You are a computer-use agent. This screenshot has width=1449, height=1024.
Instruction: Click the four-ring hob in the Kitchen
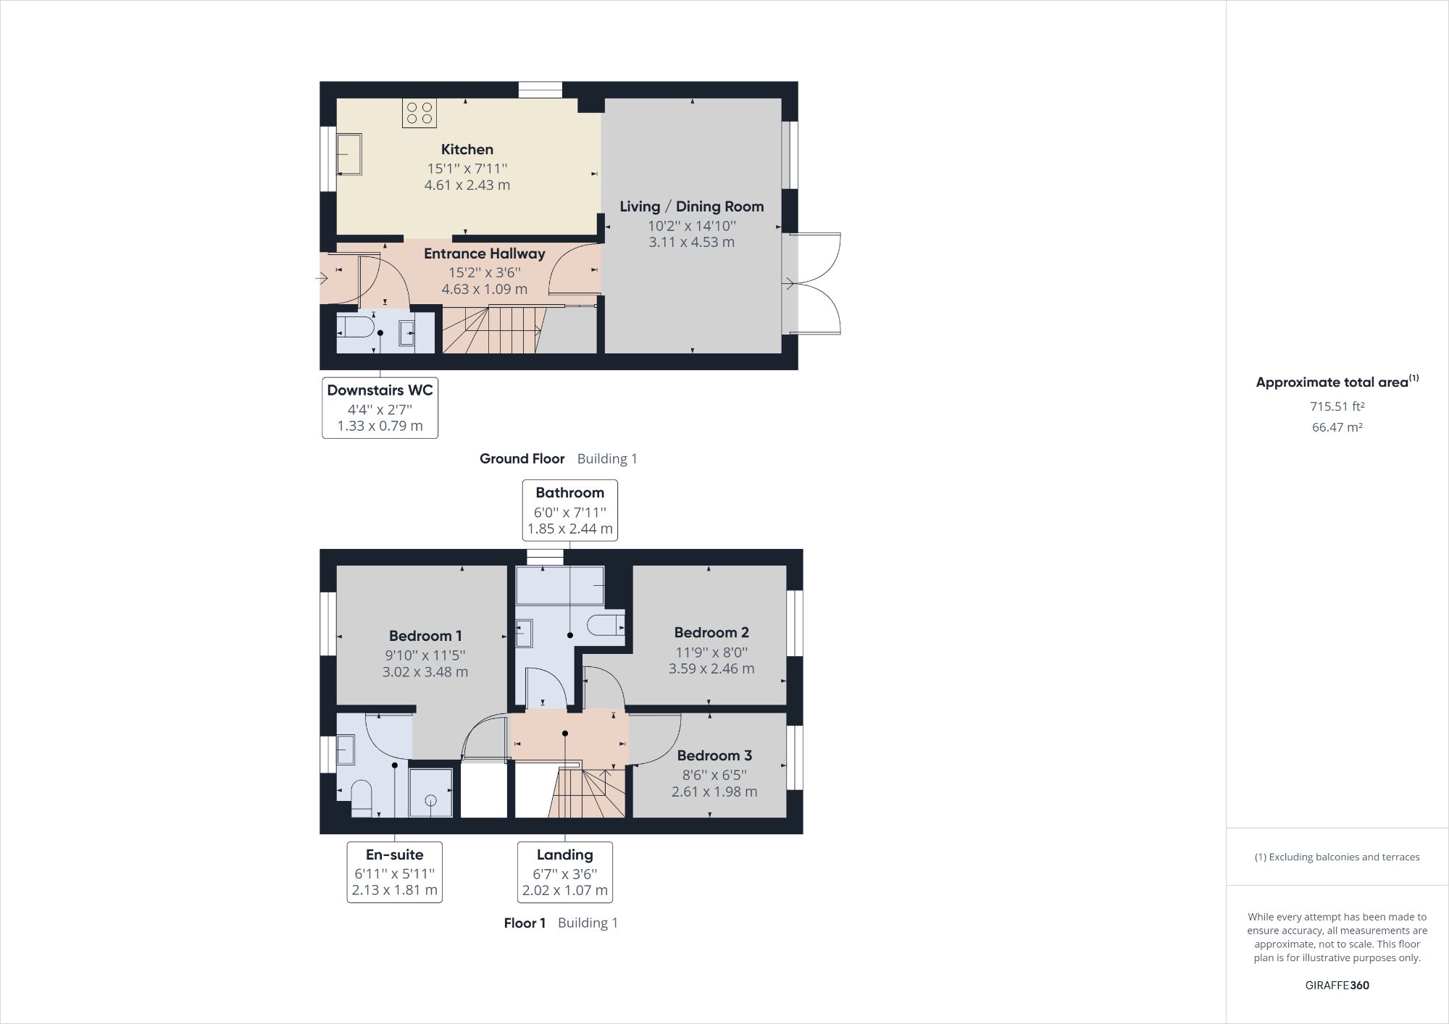point(419,113)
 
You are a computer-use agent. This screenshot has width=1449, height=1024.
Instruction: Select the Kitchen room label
point(467,149)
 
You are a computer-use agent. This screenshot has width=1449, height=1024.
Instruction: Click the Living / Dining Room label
point(692,206)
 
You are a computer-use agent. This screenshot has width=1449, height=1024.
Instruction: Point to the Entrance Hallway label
point(485,253)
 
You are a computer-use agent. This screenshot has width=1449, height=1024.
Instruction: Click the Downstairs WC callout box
point(380,408)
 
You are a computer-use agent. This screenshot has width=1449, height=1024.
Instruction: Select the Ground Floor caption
point(522,458)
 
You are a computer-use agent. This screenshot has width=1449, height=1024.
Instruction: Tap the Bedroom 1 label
point(425,636)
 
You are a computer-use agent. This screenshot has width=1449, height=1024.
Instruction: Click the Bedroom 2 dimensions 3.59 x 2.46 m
point(711,668)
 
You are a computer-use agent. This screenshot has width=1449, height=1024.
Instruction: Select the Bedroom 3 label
point(714,755)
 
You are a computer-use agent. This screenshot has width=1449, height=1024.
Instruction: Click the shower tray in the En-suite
point(431,793)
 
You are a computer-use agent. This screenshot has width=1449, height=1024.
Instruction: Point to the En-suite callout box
point(395,872)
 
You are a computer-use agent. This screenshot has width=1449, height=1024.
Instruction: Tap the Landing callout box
point(565,872)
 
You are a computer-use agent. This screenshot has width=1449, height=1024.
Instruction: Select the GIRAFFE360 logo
point(1337,985)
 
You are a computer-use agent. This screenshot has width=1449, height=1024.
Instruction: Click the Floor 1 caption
point(525,923)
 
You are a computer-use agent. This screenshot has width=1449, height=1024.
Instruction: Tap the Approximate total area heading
point(1337,382)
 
